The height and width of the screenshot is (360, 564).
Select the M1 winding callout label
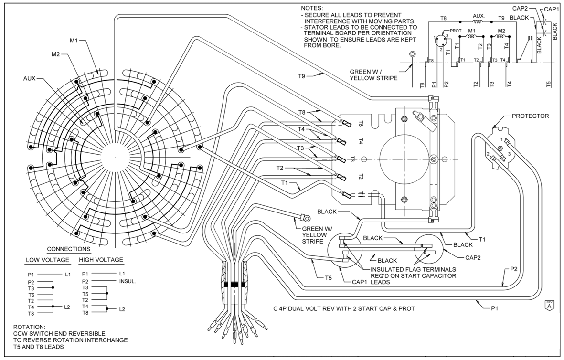74,41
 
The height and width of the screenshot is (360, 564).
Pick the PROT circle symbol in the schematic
438,42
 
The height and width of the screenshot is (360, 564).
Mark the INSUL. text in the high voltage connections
128,282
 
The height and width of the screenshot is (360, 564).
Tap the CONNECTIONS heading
68,249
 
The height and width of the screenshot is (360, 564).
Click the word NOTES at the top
312,9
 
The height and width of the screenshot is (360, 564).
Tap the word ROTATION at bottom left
31,328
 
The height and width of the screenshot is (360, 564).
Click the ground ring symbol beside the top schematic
412,54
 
